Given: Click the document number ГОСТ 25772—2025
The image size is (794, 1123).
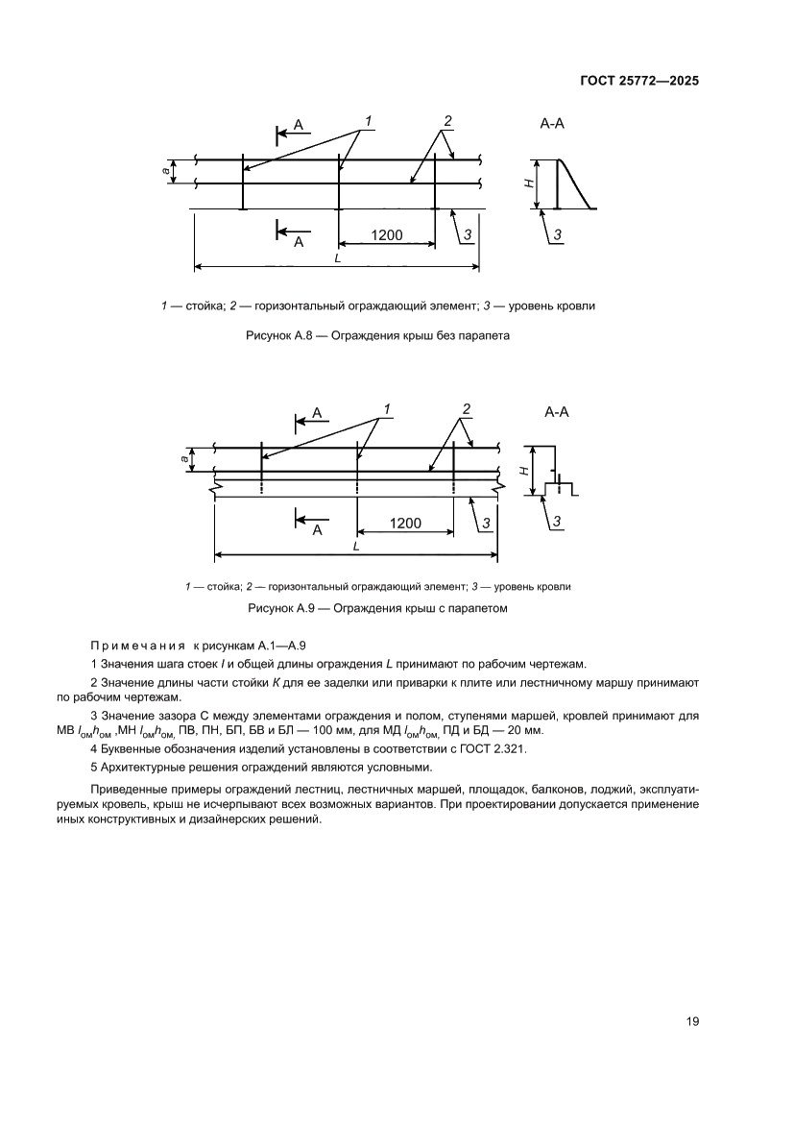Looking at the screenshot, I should tap(638, 82).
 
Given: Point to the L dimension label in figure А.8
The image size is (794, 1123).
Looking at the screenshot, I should tap(336, 258).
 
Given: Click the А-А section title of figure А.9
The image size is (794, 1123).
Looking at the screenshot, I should tap(557, 413).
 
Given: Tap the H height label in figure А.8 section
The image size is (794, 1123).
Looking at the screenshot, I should tap(530, 183).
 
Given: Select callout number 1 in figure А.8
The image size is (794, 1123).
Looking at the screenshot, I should tap(367, 121).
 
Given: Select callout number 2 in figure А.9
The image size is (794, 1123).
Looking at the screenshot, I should tap(466, 409).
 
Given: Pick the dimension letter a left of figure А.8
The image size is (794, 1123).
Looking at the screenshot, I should tap(165, 172).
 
